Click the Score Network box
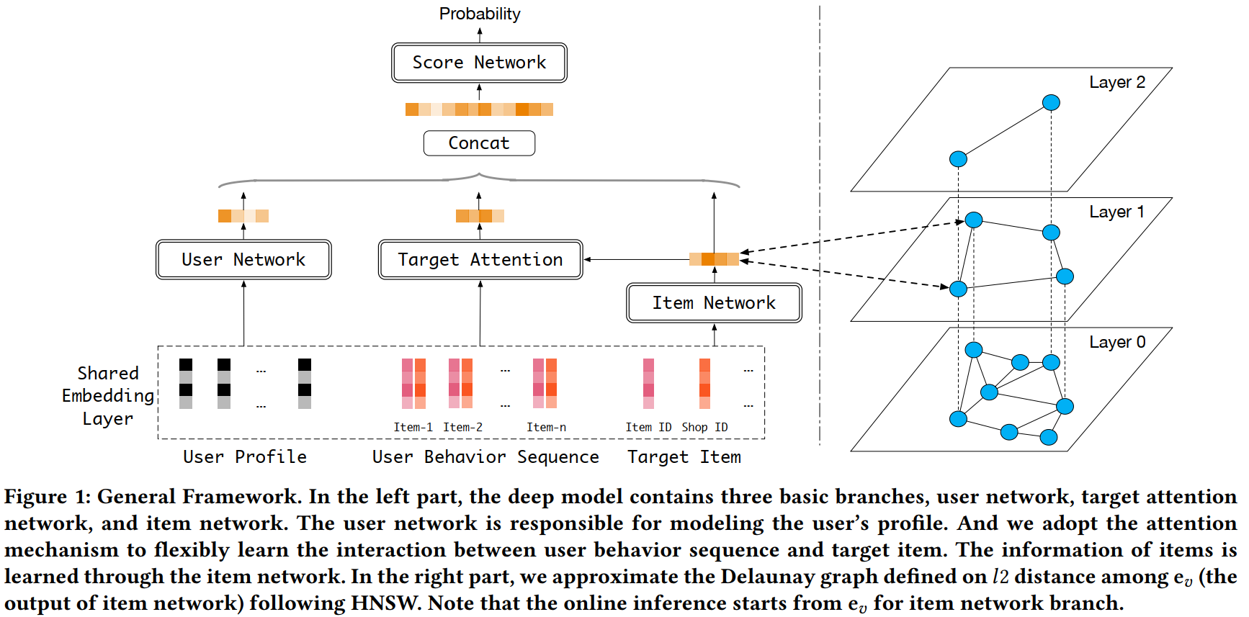[479, 63]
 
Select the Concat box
[479, 143]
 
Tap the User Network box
[243, 259]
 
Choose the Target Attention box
[480, 259]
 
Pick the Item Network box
[714, 303]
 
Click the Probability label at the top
[480, 14]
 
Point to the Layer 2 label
[1116, 82]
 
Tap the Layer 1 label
[1116, 212]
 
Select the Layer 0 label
[1116, 342]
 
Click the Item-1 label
[413, 427]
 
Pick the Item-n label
[546, 427]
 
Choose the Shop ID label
[704, 427]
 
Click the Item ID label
[648, 427]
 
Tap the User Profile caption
[245, 457]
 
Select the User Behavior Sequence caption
[485, 457]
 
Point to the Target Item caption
[684, 457]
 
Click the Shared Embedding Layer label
[108, 396]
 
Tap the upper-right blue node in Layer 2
[1051, 102]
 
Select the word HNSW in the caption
[385, 603]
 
